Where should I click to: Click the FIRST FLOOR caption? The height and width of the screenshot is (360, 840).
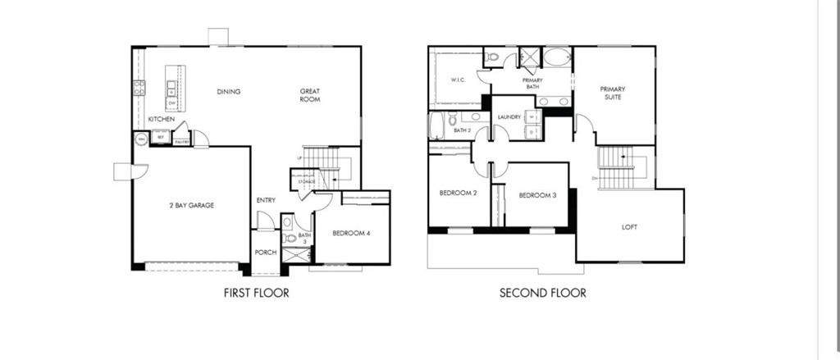(x=256, y=293)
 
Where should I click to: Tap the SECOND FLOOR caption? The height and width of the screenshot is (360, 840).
(x=543, y=293)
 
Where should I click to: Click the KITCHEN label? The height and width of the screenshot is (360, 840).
(x=161, y=120)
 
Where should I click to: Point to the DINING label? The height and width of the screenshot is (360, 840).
(x=229, y=92)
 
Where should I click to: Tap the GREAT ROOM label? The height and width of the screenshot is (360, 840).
(x=309, y=95)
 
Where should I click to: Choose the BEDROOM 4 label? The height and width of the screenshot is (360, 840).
(x=351, y=234)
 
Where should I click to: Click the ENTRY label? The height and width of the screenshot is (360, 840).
(x=266, y=200)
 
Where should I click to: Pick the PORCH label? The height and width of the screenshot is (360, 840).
(x=265, y=252)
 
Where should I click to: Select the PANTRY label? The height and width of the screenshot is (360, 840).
(x=182, y=142)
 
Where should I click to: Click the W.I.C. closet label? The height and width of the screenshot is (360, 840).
(x=458, y=80)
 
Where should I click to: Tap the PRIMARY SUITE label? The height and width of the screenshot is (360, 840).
(x=612, y=93)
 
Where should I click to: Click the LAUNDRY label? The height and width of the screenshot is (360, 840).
(x=509, y=117)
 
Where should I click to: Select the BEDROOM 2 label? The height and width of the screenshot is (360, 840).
(x=458, y=194)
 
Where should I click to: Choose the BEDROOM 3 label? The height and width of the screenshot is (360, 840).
(x=537, y=195)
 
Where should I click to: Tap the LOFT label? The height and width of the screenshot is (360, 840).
(x=629, y=227)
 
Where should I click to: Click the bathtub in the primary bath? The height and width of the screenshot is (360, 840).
(x=559, y=57)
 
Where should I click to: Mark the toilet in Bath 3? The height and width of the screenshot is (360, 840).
(x=288, y=239)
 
